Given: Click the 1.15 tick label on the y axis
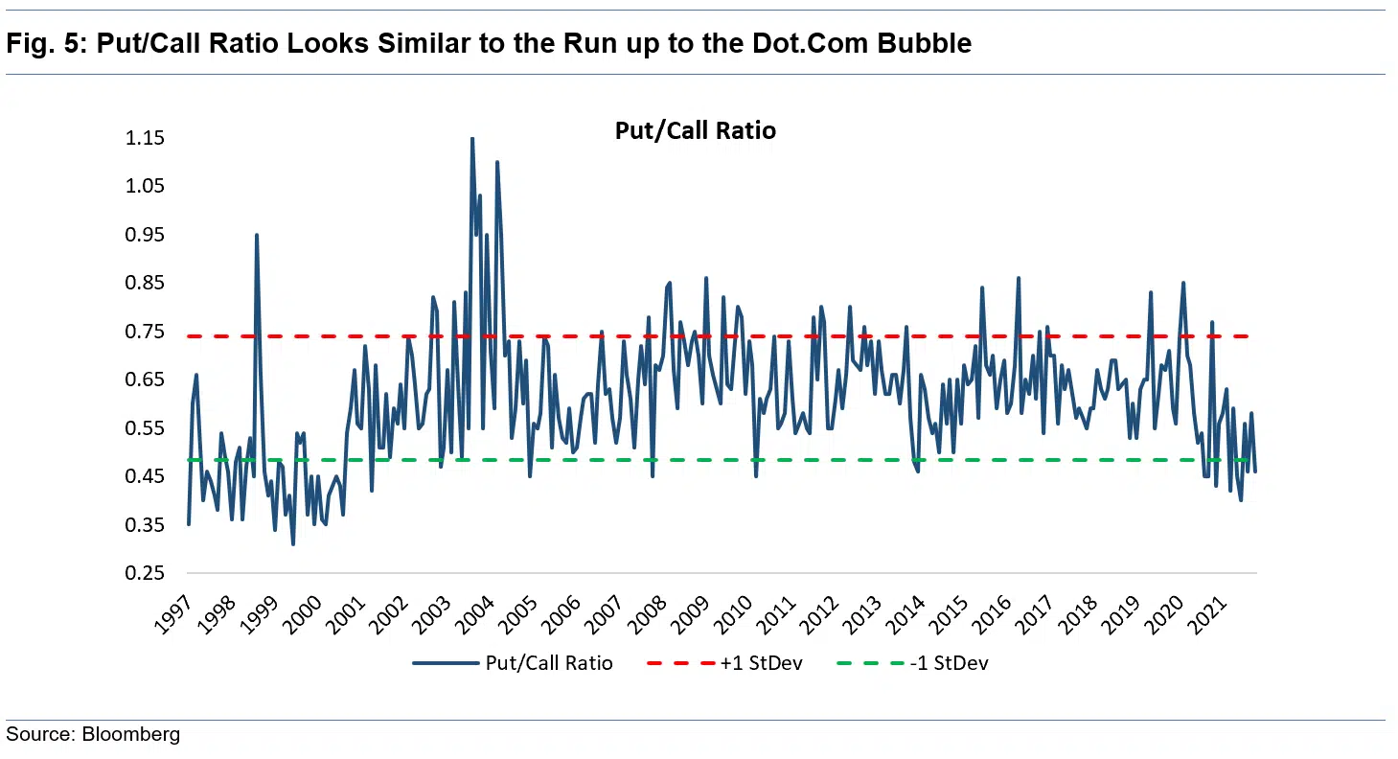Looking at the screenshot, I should coord(145,138).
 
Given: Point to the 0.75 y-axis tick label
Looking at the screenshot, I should coord(145,332).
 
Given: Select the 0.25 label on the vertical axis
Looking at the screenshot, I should coord(145,573).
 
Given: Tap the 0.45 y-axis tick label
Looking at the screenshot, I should coord(145,476).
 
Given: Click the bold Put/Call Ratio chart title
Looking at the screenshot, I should coord(695,131).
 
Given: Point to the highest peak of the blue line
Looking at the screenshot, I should coord(471,139).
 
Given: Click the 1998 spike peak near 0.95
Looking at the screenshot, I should coord(256,235).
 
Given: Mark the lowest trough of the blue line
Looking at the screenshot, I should coord(293,543).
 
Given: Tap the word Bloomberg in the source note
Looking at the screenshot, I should coord(130,735).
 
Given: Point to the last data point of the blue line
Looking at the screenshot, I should coord(1255,471).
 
